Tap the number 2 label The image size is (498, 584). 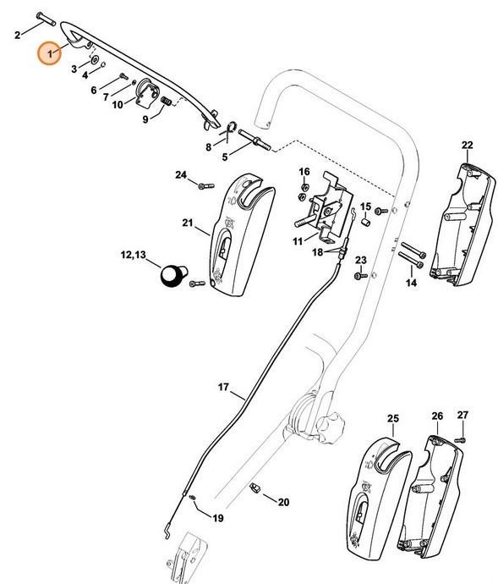click(x=17, y=35)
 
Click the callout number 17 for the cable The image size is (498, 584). click(x=223, y=388)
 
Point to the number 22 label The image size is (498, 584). click(x=467, y=145)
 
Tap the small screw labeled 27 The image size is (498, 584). click(x=461, y=438)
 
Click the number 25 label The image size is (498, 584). click(x=392, y=418)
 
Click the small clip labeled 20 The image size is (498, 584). click(x=256, y=487)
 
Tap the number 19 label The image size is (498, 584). click(x=218, y=518)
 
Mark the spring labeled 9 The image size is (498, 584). click(x=166, y=102)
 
